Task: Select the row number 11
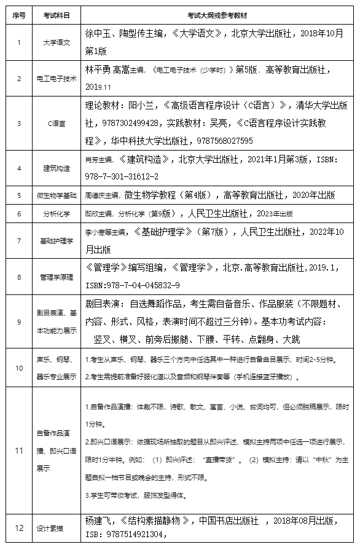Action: coord(19,450)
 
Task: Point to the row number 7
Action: coord(19,241)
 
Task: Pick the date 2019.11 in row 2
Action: coord(98,87)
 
